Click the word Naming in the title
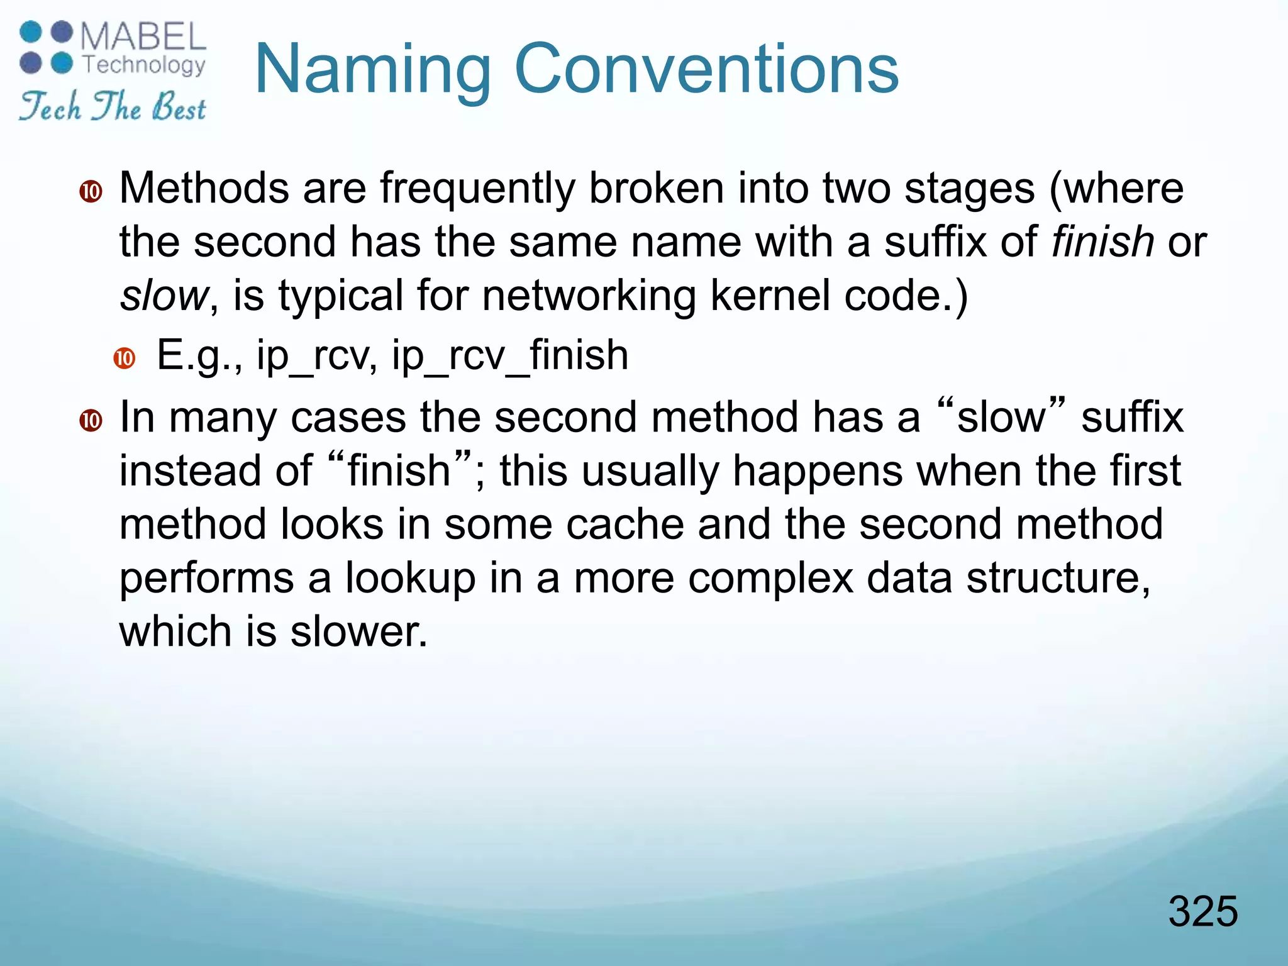coord(372,70)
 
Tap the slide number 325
coord(1202,911)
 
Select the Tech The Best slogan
coord(112,106)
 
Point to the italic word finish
coord(1102,242)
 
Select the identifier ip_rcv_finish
coord(509,356)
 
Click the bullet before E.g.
coord(125,358)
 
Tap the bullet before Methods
coord(91,191)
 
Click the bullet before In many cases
coord(91,420)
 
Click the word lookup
coord(410,579)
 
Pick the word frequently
coord(477,189)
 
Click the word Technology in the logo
coord(144,65)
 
